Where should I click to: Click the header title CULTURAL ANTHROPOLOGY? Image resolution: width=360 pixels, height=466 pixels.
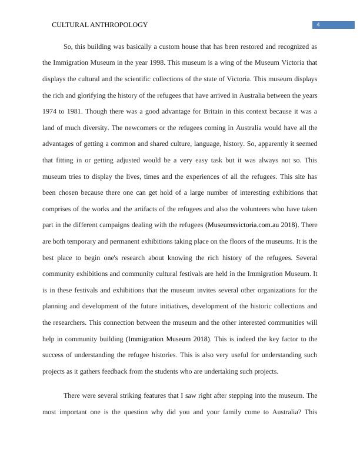coord(99,25)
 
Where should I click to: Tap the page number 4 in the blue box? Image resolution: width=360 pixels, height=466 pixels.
coord(318,25)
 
